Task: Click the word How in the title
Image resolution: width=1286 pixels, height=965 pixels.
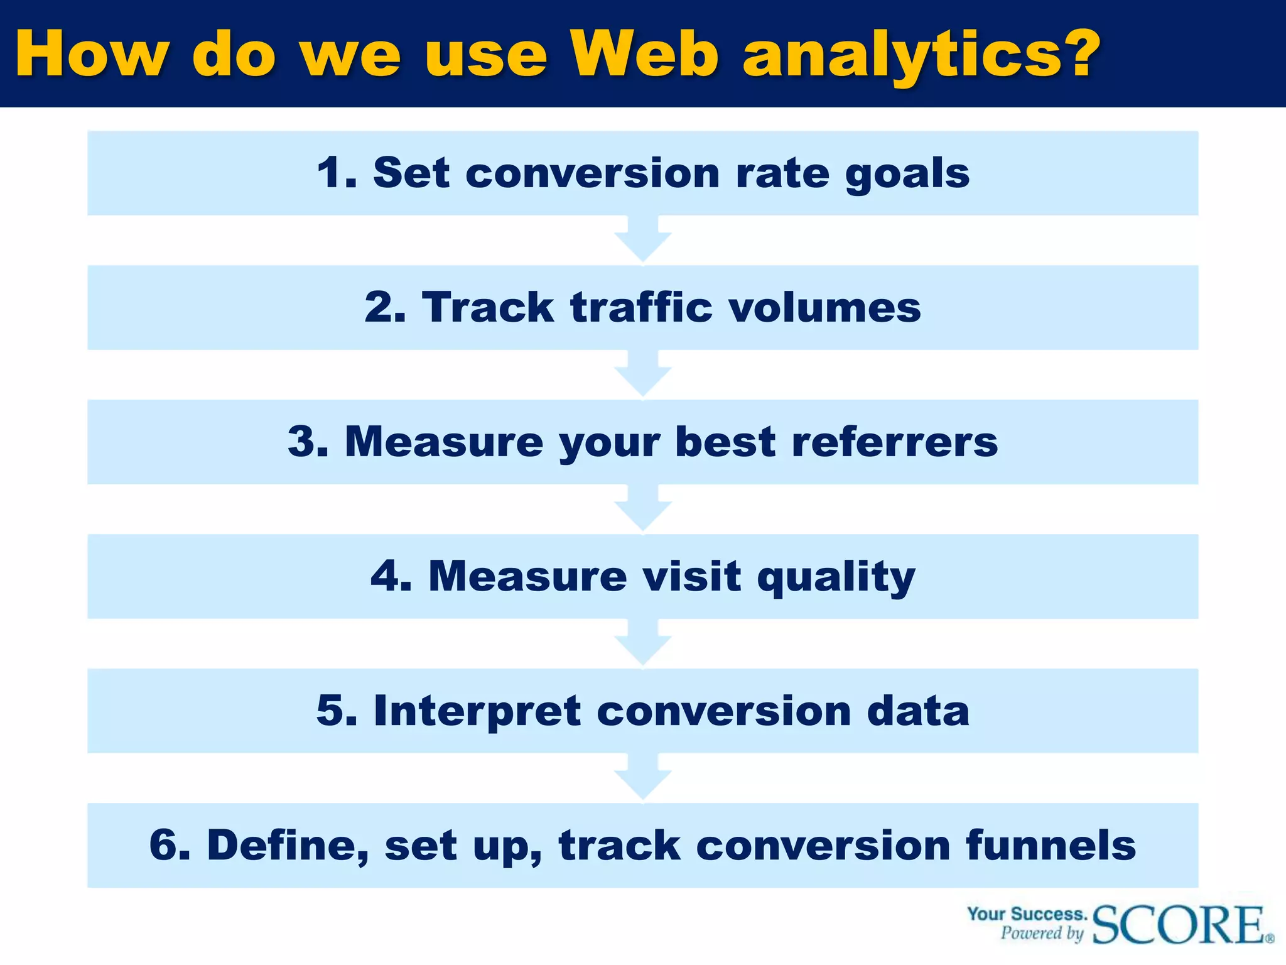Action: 92,55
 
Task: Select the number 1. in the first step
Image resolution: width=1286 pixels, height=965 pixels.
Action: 337,173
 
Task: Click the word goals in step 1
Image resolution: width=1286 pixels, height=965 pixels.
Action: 907,175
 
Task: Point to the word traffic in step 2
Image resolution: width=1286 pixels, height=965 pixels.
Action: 640,307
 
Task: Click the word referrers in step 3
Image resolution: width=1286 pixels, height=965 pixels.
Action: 894,442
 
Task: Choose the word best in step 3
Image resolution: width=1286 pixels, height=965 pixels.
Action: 725,442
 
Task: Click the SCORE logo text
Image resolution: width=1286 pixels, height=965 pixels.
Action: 1179,925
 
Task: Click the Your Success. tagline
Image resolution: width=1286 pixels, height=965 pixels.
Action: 1027,913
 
